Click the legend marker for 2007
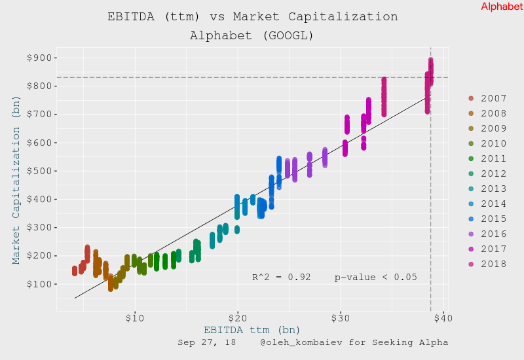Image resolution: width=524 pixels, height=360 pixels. [471, 98]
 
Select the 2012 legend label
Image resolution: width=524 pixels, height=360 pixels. [493, 173]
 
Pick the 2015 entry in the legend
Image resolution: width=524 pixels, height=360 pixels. [493, 219]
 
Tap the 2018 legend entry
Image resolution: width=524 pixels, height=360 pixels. [493, 264]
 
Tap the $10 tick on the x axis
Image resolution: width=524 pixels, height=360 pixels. [134, 318]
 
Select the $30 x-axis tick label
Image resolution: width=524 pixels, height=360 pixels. [340, 318]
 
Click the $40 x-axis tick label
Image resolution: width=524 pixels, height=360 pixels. [443, 318]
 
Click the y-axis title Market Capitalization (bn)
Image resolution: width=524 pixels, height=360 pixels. [16, 180]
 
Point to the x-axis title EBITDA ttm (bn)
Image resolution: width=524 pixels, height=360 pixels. [252, 330]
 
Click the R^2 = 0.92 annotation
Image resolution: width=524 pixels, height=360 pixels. [282, 277]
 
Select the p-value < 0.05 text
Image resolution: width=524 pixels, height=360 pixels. [375, 277]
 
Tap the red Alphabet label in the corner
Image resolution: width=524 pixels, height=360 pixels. [502, 7]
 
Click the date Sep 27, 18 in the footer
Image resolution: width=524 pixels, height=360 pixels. [207, 342]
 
